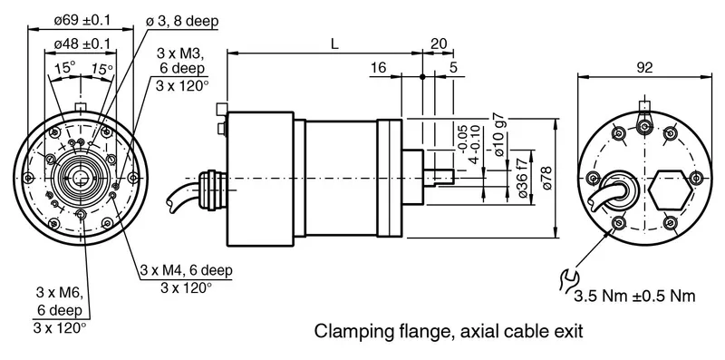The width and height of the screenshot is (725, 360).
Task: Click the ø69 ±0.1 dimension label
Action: tap(82, 20)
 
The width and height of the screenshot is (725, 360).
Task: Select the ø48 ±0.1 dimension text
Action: tap(82, 44)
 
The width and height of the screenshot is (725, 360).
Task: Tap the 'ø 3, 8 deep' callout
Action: tap(182, 21)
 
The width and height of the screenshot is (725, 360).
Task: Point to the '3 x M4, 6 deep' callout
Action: tap(186, 270)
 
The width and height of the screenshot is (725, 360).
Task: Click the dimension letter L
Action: tap(334, 44)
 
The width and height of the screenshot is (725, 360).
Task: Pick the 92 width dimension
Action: tap(644, 68)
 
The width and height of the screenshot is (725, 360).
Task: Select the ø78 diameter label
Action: tap(547, 178)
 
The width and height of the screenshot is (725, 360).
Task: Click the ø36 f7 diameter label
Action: tap(522, 178)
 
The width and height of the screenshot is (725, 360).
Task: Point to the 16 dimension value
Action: tap(378, 68)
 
